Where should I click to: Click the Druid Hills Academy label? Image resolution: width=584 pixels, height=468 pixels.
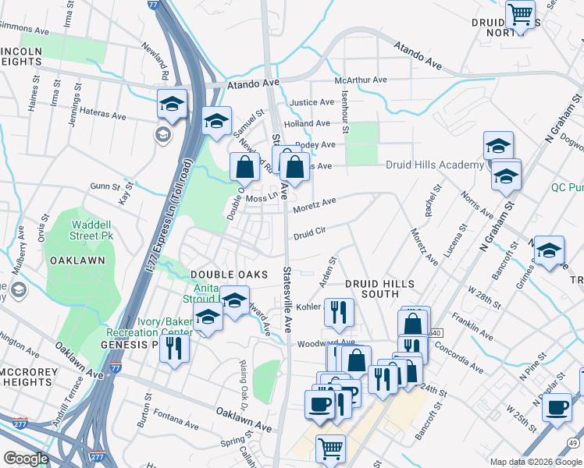tap(435, 165)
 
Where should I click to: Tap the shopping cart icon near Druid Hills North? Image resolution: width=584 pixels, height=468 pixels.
tap(519, 13)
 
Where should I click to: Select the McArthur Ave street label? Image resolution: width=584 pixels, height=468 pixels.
tap(361, 80)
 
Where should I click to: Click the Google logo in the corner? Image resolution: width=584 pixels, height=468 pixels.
tap(26, 459)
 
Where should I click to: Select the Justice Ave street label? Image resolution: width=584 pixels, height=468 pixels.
tap(312, 102)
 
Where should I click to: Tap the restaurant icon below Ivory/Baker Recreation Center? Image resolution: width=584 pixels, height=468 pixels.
tap(174, 348)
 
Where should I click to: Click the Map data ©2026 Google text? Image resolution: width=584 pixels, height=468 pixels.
tap(535, 462)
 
